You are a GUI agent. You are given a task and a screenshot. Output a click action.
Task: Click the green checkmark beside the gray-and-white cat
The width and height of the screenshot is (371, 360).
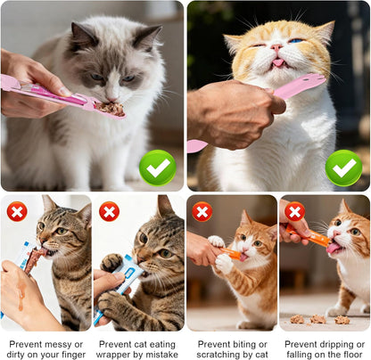pos(158,168)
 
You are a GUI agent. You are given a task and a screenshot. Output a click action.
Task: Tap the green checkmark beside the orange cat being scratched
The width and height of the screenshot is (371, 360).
pos(343,168)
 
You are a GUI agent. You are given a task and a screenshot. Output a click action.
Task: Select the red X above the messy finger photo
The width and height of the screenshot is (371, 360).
pos(17,211)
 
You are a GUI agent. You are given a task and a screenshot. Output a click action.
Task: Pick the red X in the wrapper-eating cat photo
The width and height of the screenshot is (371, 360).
pos(109,211)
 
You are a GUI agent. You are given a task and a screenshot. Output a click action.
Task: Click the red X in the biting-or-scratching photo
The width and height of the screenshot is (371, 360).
pos(202,211)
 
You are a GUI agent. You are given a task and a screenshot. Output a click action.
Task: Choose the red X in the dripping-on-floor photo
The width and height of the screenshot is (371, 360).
pos(294,211)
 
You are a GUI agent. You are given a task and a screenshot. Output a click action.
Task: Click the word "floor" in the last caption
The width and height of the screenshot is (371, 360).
pos(351,355)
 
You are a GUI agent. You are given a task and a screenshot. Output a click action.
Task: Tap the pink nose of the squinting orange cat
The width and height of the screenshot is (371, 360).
pos(276,47)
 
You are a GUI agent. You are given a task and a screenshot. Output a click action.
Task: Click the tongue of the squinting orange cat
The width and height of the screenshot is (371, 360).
pos(278,62)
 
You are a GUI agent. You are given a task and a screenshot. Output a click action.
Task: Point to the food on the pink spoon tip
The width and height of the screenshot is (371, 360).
pos(111,109)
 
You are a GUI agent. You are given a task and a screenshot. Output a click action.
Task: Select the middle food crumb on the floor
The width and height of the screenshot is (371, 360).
pos(317,319)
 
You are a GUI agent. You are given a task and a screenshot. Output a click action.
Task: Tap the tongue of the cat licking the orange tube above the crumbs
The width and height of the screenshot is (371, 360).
pos(334,247)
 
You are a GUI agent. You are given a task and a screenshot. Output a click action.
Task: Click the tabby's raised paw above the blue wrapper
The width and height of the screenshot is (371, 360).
pos(111,262)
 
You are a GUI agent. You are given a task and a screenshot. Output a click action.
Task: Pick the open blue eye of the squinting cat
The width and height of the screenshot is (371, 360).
pos(296,41)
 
